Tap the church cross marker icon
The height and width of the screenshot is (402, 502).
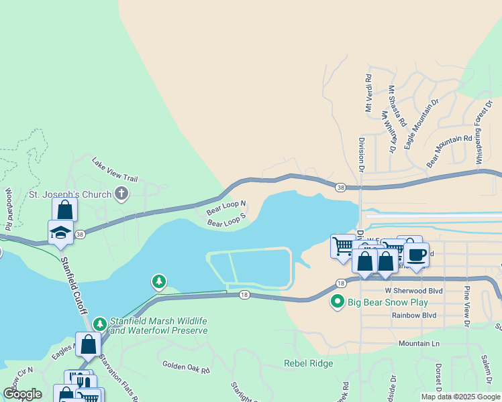(121, 195)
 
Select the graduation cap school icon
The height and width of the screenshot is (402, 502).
(61, 232)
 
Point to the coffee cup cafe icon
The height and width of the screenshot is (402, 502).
(416, 255)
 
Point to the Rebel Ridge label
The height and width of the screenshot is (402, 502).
(308, 363)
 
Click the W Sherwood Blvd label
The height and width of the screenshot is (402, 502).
(414, 291)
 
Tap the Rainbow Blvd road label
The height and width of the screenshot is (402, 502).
(414, 315)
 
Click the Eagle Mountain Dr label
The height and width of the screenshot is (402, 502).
(421, 123)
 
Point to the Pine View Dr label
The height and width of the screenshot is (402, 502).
(466, 305)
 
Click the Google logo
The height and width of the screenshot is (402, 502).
(22, 394)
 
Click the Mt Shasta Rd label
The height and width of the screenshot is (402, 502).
(397, 106)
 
